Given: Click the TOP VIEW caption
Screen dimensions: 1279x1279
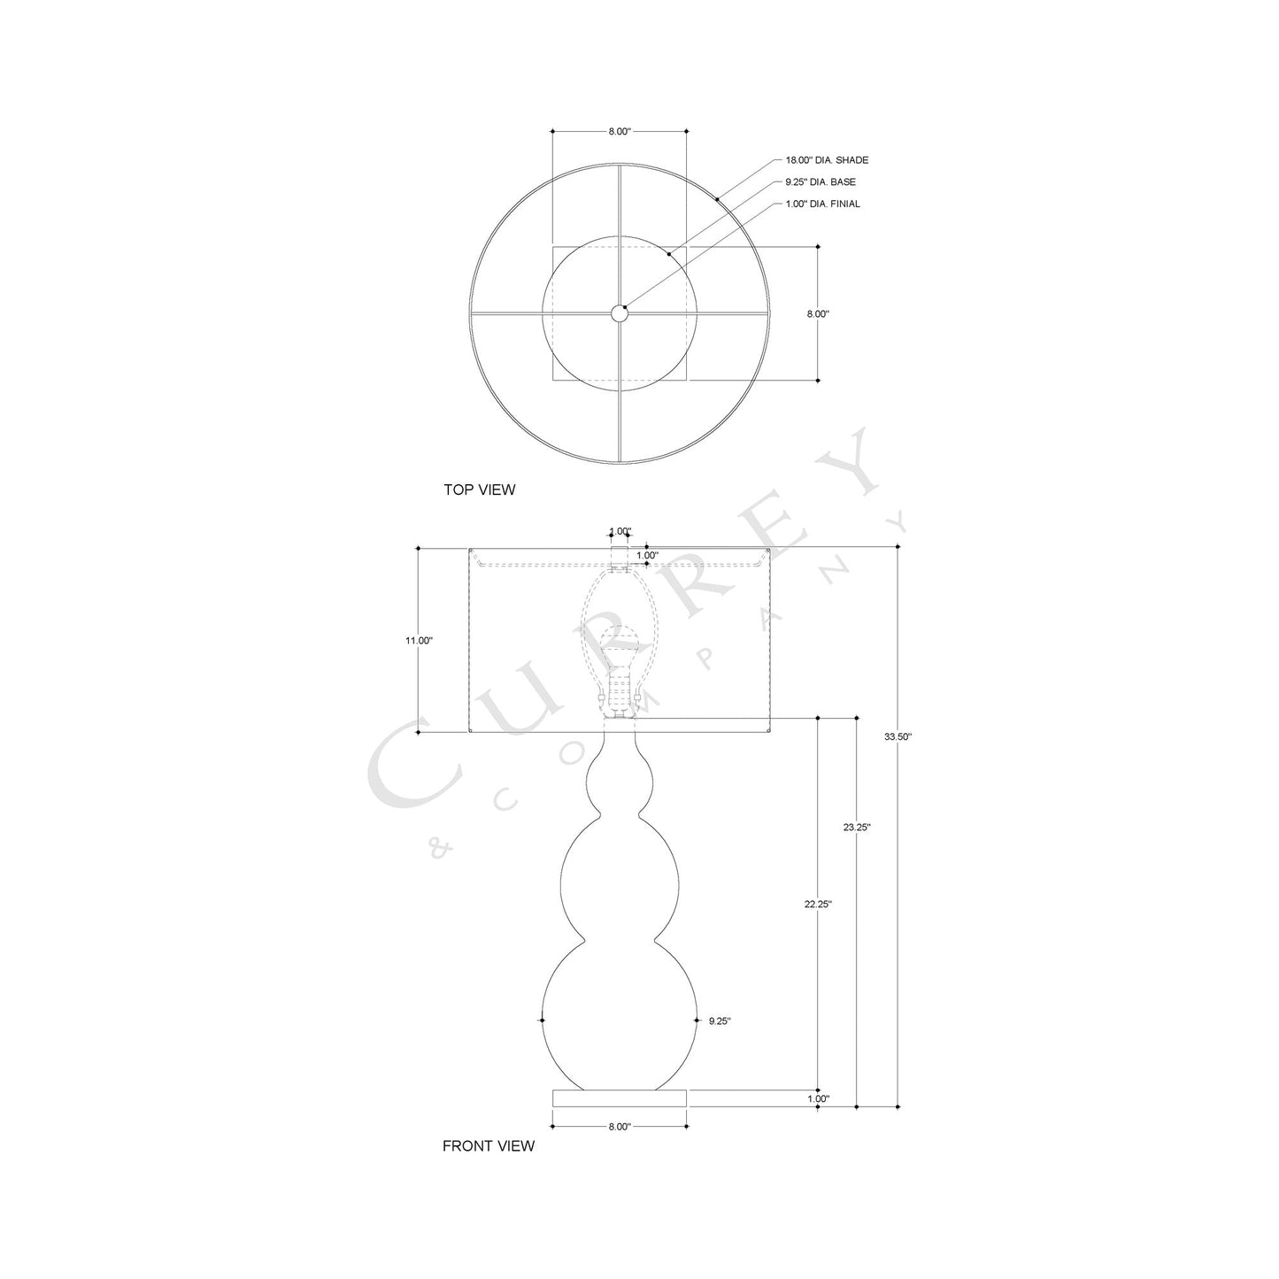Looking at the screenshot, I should (x=479, y=489).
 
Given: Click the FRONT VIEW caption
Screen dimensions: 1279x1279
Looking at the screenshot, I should (x=488, y=1145).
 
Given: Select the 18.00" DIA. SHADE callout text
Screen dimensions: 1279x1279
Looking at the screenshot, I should (x=827, y=160).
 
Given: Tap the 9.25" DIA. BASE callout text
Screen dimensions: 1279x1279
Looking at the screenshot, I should (x=821, y=182).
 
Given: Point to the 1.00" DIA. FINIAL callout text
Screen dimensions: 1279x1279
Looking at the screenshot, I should (x=822, y=204).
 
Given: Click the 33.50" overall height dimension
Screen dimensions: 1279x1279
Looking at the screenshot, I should (x=898, y=736).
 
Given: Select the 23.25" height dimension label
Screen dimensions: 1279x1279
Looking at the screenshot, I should (x=857, y=828).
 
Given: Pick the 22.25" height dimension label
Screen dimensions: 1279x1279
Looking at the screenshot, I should (x=818, y=905).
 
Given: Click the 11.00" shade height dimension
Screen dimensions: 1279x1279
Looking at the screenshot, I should (x=419, y=640).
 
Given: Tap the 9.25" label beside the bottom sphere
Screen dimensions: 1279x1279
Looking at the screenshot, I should (x=720, y=1021).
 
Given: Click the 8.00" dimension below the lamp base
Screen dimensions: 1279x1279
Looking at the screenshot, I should (x=620, y=1127).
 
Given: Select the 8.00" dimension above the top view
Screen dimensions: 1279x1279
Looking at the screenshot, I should (x=620, y=131).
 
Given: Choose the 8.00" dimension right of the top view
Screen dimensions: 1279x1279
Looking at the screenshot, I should (x=818, y=313).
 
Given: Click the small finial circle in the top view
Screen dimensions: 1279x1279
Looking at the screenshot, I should (x=619, y=312).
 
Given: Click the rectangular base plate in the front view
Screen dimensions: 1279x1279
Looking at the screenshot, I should (x=620, y=1098).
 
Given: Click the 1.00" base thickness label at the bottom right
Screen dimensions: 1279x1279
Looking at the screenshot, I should (x=818, y=1098).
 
